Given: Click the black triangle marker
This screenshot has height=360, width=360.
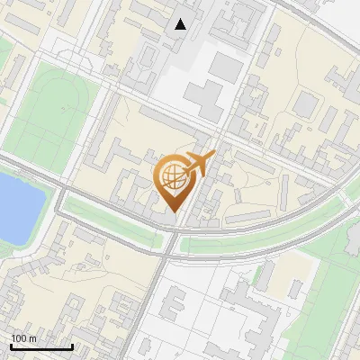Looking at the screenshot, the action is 181,24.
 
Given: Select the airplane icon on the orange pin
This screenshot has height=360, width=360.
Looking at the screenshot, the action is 200,164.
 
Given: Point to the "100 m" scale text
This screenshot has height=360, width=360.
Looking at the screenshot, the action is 24,337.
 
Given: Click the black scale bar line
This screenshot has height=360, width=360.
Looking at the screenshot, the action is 41,346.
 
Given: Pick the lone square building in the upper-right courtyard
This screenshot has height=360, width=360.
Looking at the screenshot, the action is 306,105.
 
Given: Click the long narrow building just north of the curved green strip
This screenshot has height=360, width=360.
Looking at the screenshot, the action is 247,217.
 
